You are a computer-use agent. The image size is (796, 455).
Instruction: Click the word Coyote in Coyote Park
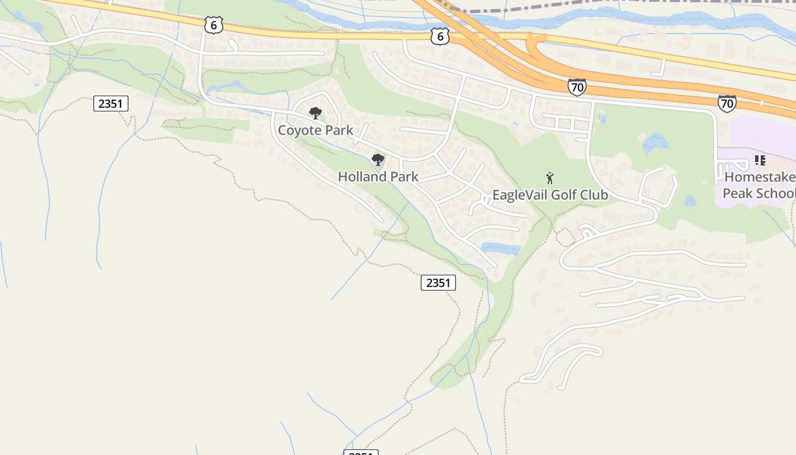(x=298, y=130)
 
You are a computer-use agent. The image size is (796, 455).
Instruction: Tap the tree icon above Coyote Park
(x=315, y=113)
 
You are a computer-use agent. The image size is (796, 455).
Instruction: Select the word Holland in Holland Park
(x=362, y=177)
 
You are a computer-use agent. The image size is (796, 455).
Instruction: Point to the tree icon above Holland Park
(x=378, y=160)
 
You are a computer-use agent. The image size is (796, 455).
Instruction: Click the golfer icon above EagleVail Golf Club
(x=549, y=178)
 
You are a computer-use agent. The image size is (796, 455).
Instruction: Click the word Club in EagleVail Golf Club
(x=594, y=195)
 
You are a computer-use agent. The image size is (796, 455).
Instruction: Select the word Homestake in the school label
(x=759, y=177)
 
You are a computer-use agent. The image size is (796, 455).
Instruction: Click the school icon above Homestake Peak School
(x=760, y=160)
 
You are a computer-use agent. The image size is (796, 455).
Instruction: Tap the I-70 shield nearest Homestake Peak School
(x=727, y=103)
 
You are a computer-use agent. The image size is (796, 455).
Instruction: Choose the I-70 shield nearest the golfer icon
(x=577, y=88)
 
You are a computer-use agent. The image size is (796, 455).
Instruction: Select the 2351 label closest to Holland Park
(x=438, y=283)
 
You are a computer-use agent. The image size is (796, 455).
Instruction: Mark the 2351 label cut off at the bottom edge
(x=360, y=453)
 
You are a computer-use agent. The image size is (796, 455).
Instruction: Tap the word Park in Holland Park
(x=404, y=177)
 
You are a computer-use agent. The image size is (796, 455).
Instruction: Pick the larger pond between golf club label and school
(x=656, y=143)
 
